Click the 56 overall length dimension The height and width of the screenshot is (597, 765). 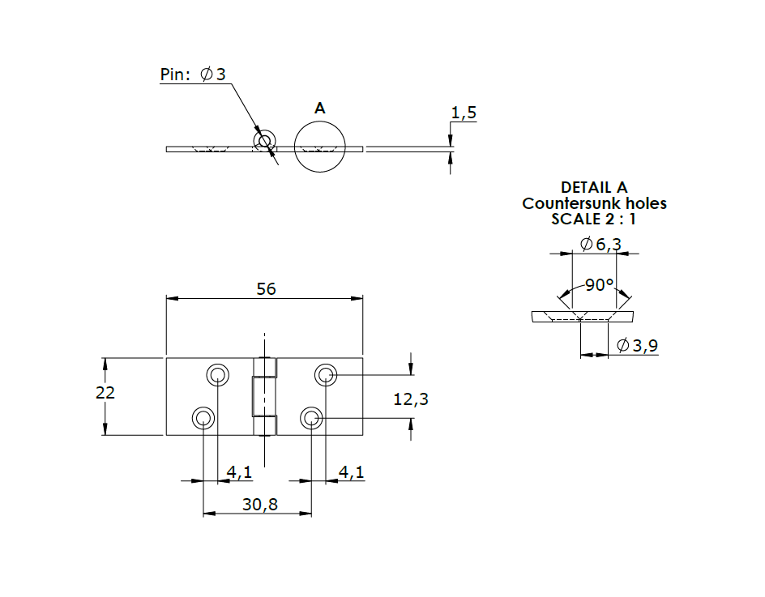(267, 289)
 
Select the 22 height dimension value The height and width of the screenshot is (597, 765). (105, 392)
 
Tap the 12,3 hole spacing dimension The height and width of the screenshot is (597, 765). (410, 399)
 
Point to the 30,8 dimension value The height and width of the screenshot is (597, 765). (260, 504)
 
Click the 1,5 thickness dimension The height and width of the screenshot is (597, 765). (464, 113)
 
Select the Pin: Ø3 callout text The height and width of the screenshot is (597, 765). (193, 75)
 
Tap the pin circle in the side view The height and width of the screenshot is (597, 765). (263, 141)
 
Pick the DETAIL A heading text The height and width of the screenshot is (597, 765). (594, 188)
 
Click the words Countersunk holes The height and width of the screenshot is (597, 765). (594, 203)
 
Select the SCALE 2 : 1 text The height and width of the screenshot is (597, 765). (594, 219)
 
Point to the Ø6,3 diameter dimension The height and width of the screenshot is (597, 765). (600, 244)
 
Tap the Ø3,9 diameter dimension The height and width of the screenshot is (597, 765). (637, 346)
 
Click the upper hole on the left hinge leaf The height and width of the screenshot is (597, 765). (217, 374)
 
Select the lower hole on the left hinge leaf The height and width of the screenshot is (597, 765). (203, 418)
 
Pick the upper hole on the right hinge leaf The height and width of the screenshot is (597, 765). (326, 374)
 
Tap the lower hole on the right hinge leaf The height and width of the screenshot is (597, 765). (311, 418)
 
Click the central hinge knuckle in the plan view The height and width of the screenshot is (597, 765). (263, 396)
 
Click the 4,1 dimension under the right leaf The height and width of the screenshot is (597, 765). (351, 471)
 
